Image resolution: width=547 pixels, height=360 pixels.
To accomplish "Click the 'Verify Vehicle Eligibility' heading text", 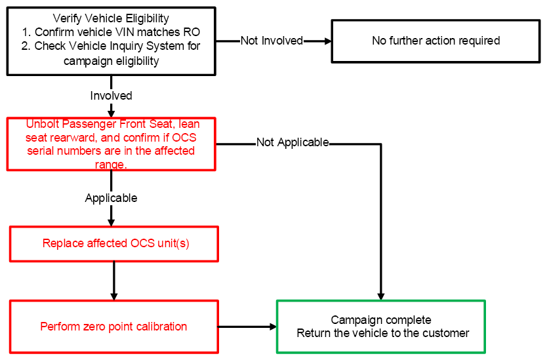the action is coord(111,18).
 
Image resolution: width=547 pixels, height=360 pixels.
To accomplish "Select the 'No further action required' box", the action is coord(436,41).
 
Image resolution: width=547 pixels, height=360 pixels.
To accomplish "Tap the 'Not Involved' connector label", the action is coord(272,41).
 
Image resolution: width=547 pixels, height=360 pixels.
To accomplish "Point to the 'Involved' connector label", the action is coord(111,96).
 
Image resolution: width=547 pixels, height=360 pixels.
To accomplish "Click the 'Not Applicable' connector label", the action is coord(293,142).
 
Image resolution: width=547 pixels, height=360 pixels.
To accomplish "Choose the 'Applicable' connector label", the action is coord(111,198).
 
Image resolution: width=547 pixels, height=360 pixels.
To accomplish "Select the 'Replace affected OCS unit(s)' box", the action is coord(114,244).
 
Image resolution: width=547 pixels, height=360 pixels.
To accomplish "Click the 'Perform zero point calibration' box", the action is coord(114,327).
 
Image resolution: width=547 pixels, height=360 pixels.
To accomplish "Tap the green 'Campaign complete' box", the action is coord(381,327).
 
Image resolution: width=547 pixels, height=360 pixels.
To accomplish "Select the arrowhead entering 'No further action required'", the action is coord(328,41).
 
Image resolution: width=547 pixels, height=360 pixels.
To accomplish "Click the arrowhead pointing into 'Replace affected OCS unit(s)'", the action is coord(111,223).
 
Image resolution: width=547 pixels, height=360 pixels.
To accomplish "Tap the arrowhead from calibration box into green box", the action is coord(273,327).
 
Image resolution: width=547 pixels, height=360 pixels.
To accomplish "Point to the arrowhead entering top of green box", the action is coord(381,296).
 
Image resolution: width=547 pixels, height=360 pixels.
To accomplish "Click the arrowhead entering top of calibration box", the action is coord(114,296).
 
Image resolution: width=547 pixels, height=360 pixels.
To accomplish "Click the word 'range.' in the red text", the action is coord(111,165).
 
